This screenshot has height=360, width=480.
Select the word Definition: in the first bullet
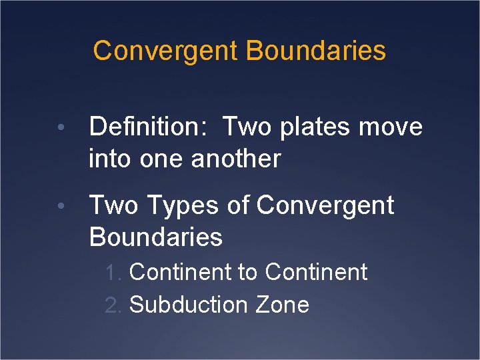[148, 126]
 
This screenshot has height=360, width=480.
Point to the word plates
[318, 126]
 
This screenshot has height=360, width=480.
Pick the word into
[111, 159]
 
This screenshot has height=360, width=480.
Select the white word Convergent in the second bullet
[325, 205]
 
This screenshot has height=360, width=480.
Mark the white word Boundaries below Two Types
[155, 237]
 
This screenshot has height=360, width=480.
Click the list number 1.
[113, 272]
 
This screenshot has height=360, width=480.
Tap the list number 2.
[113, 305]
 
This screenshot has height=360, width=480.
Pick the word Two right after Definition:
[244, 126]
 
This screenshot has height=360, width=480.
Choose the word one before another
[165, 159]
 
